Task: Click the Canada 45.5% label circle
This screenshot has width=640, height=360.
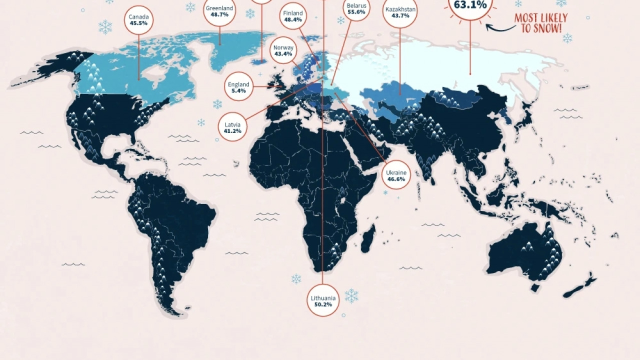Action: (138, 20)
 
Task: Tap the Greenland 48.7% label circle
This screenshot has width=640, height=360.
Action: (219, 11)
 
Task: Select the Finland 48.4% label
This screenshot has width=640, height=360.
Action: (293, 16)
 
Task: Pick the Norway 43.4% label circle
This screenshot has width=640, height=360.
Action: (283, 50)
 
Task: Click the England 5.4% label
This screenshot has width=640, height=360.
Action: (238, 87)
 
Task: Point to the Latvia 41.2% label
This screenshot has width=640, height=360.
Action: (232, 127)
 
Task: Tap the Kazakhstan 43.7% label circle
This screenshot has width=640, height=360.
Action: (400, 12)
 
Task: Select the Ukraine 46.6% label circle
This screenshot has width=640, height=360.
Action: (396, 175)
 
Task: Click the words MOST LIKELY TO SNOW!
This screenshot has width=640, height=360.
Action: (541, 23)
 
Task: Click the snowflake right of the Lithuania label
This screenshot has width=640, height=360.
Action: (351, 296)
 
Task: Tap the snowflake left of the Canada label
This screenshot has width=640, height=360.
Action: (105, 27)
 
